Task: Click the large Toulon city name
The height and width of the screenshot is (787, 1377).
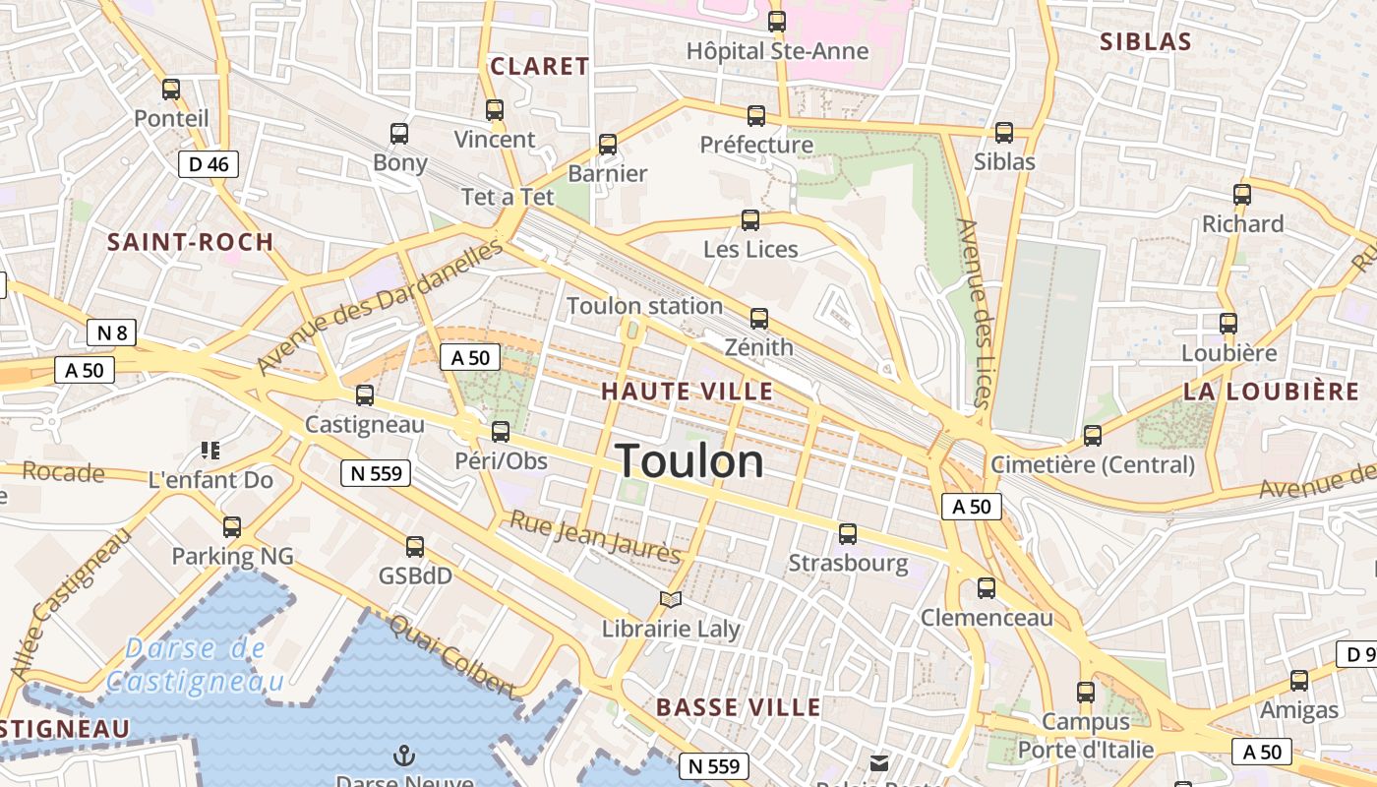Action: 689,461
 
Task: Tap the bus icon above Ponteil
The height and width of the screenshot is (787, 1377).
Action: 171,90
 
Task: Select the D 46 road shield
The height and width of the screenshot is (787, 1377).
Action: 209,164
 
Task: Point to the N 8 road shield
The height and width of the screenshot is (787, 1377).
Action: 111,333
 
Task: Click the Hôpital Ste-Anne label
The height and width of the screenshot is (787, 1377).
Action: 777,50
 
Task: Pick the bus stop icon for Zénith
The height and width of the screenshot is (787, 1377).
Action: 758,319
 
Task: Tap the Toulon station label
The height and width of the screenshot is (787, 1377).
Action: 644,306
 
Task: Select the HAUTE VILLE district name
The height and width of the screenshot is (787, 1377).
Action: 688,392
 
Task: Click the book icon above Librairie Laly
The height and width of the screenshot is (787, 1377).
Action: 671,599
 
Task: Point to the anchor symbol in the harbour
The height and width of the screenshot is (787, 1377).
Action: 403,756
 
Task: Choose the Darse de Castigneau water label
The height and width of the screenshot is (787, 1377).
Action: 195,664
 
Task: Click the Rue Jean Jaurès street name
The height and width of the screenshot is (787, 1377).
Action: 594,537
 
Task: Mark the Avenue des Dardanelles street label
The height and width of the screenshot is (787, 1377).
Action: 381,306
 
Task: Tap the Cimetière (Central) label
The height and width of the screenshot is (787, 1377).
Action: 1093,464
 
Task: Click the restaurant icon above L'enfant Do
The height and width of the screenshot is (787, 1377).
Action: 210,451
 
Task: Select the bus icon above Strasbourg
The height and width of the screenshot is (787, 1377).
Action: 848,534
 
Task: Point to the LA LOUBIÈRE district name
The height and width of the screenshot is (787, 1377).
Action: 1271,392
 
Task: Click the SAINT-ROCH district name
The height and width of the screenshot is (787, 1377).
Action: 190,243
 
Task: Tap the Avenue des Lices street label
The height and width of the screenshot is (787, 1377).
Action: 972,313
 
